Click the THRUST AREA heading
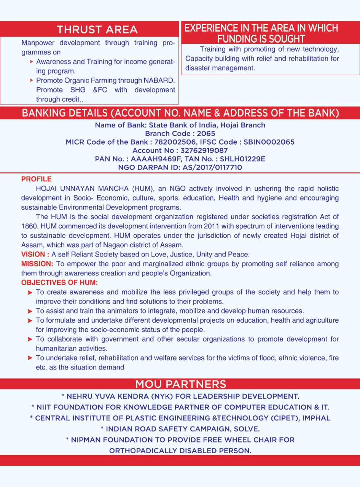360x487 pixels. tap(97, 30)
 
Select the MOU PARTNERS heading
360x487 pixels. tap(180, 384)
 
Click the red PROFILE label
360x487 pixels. tap(36, 179)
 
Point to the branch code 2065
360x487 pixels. tap(206, 134)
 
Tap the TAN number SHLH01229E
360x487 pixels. tap(242, 159)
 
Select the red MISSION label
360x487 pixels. tap(37, 264)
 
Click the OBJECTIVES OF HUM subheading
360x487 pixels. tap(59, 283)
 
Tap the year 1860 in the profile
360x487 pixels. tap(29, 226)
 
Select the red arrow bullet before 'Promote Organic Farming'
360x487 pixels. tap(31, 81)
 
